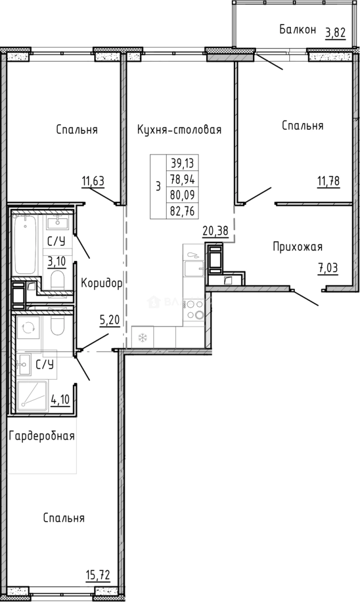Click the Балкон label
tap(298, 30)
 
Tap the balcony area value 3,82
tap(335, 32)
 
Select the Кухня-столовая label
tap(179, 130)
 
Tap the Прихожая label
tap(297, 246)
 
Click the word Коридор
tap(101, 283)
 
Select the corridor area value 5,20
tap(109, 321)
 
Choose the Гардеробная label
tap(42, 435)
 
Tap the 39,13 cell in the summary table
tap(183, 163)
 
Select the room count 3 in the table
tap(158, 187)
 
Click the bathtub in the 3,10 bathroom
tap(26, 245)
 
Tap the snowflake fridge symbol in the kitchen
tap(142, 338)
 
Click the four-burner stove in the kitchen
tap(194, 310)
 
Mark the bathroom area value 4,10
tap(60, 400)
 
